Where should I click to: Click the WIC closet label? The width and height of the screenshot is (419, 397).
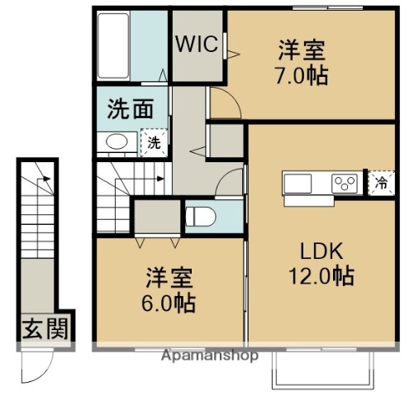point(196,44)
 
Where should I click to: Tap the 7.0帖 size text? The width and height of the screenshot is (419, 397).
point(302,76)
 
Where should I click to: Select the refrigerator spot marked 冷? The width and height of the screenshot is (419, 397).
point(381,183)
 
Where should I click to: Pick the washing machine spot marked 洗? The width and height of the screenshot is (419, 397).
point(153,142)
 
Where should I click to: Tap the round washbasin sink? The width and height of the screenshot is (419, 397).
point(117,142)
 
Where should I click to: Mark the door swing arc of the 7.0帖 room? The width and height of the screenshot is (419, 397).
point(223,103)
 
